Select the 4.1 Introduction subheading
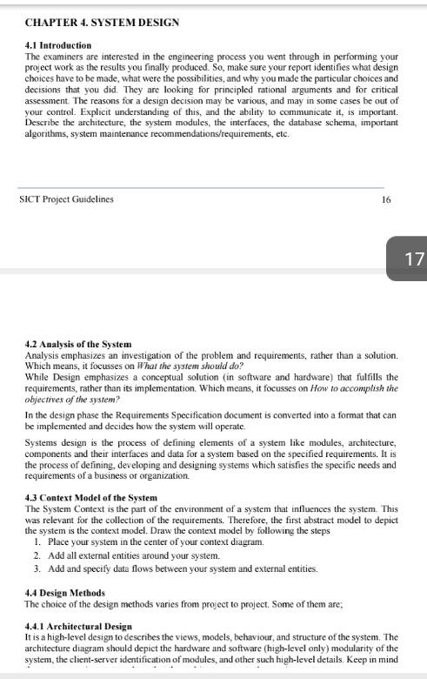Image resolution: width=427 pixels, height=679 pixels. point(59,45)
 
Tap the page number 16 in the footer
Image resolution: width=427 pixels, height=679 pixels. point(386,199)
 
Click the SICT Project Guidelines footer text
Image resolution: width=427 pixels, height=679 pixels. point(66,199)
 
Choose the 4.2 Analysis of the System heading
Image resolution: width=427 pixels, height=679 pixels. point(78,346)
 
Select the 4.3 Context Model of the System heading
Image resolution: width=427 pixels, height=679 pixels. point(91,498)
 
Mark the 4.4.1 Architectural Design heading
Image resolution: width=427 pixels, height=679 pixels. point(79,626)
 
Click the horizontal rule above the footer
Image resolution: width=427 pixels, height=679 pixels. point(201,187)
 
